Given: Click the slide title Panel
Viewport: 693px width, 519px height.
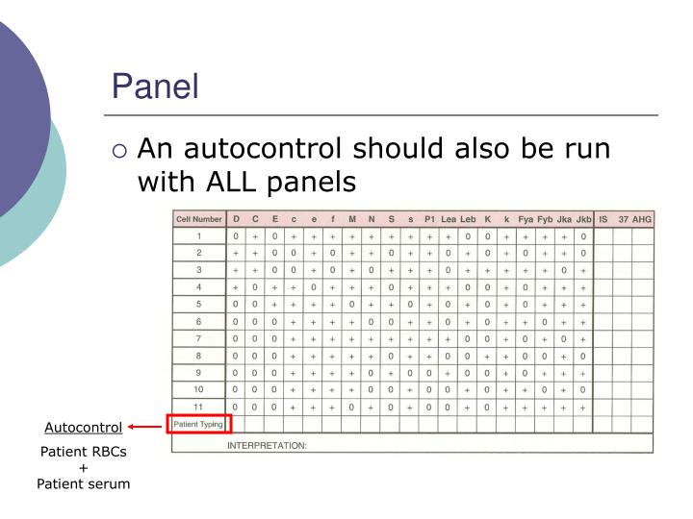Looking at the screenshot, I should (155, 86).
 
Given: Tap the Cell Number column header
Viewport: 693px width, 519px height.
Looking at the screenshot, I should (198, 219).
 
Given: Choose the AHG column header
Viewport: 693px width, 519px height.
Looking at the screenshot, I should (642, 219).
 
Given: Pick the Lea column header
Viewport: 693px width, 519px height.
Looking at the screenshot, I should (449, 219).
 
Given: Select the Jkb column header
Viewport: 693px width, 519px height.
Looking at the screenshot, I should (583, 219).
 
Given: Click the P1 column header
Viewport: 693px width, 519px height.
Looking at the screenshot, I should (429, 219).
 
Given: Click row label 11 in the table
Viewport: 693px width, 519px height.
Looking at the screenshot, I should (198, 408).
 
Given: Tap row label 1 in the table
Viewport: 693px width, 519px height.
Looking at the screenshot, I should (198, 235).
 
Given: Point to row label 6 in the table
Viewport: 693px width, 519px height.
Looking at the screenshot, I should (198, 321).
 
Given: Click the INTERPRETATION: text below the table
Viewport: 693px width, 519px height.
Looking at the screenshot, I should (267, 446).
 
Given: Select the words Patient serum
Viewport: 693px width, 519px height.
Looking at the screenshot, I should (84, 483).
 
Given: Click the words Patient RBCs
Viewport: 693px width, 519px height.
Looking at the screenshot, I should (84, 452).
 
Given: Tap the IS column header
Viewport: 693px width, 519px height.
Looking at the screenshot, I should (603, 219).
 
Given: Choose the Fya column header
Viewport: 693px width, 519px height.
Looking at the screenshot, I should (526, 219).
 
